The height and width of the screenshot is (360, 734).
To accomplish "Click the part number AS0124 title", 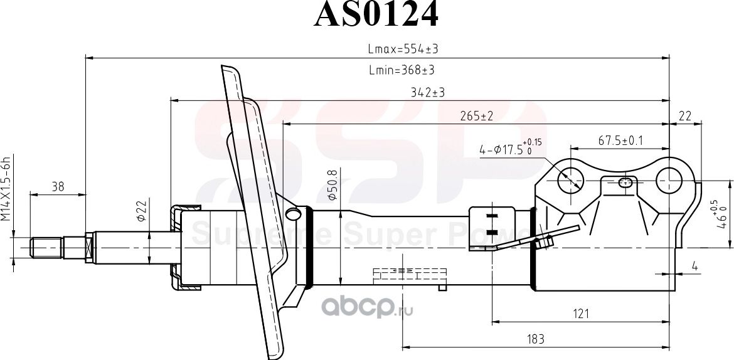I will [x=375, y=16].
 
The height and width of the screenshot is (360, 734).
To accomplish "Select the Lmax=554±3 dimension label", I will [x=402, y=49].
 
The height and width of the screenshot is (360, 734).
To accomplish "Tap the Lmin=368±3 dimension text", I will [x=402, y=70].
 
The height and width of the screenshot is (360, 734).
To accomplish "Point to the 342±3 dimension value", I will [x=427, y=92].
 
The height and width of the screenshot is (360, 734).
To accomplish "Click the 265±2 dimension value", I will [x=476, y=116].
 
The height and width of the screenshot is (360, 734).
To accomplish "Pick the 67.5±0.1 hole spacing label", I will [x=620, y=141].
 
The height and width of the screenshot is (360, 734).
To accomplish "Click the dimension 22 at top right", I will [x=684, y=116].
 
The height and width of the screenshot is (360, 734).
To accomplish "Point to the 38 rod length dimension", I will [x=57, y=186].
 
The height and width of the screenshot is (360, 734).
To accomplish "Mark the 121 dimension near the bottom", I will [x=580, y=314].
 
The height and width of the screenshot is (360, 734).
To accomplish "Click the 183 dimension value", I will [x=535, y=339].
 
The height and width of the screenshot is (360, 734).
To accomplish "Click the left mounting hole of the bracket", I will [x=571, y=181].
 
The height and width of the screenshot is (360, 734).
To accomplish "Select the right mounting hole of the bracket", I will [x=669, y=181].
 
